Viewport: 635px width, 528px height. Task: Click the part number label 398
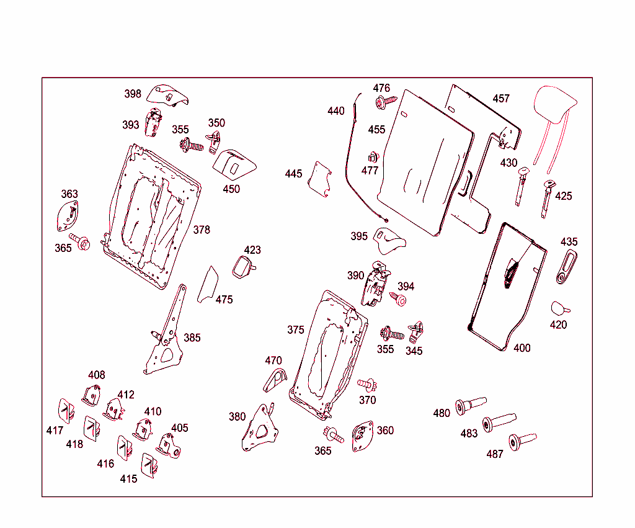[x=133, y=94]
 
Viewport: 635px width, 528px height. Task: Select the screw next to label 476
[x=384, y=101]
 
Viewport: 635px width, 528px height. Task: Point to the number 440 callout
[x=335, y=111]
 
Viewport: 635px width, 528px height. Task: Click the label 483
[x=469, y=433]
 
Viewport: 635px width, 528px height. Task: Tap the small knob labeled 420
[x=559, y=308]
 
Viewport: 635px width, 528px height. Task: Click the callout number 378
[x=202, y=230]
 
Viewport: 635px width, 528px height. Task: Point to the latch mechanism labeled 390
[x=377, y=284]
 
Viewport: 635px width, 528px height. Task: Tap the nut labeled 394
[x=400, y=301]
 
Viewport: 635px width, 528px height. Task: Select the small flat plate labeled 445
[x=321, y=179]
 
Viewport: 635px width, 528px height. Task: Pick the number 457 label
[x=501, y=99]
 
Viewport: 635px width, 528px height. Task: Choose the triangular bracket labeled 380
[x=260, y=427]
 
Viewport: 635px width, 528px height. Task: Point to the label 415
[x=128, y=479]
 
